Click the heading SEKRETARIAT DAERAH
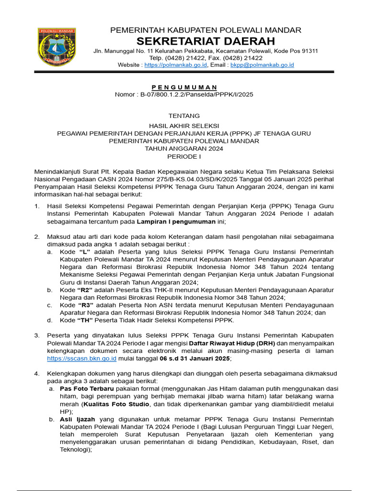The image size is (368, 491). pos(206,41)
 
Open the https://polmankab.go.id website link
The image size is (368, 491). pos(175,65)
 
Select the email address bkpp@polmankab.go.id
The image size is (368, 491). pos(262,65)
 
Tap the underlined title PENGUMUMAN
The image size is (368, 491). pos(184,87)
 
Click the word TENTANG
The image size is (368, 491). pos(184,116)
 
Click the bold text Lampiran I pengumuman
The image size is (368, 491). pos(176,222)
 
